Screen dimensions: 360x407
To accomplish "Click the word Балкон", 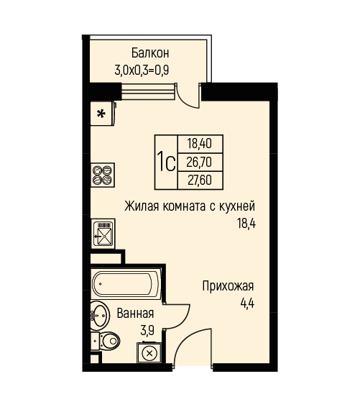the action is [150, 53].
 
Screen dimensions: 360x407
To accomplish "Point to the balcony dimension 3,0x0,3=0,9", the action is [142, 70].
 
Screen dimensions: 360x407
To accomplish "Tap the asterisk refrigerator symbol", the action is [102, 114].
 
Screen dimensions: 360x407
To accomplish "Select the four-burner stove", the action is [103, 175].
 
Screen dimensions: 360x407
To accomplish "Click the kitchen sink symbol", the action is [103, 233].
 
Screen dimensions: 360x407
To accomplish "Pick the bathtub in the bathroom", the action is [126, 284].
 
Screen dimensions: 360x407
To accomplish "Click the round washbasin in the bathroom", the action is [100, 316].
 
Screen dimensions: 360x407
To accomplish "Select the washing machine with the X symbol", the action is [149, 353].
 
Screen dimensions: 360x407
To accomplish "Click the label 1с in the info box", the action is [166, 162].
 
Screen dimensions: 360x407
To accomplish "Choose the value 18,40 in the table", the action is [200, 144].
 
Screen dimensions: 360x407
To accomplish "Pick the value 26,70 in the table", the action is [199, 163].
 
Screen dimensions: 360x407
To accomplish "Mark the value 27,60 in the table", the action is [200, 180].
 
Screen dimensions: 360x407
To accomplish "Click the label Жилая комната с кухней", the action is [190, 206].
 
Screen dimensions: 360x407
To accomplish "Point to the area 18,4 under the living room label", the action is [246, 223].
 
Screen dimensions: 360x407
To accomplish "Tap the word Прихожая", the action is [228, 286].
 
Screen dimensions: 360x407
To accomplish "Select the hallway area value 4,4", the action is [247, 303].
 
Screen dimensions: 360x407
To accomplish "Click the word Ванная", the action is [135, 314].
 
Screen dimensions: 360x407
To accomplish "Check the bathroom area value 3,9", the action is [147, 331].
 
